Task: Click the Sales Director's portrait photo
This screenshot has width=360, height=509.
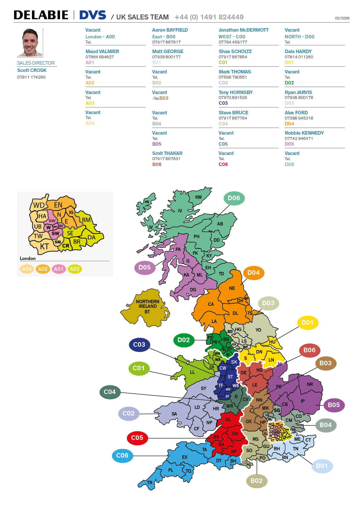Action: [30, 42]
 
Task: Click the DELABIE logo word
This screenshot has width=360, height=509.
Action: [41, 15]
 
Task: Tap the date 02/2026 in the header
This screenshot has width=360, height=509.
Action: [342, 18]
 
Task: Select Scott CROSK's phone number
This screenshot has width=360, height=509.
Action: [31, 77]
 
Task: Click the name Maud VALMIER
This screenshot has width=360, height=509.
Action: [102, 51]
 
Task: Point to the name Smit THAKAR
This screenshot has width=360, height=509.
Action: [167, 153]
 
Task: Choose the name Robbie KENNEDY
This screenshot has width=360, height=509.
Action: [304, 133]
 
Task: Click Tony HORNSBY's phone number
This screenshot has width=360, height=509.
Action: [233, 98]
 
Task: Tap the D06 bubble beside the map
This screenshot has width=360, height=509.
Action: [234, 198]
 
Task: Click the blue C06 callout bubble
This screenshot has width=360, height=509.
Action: [122, 455]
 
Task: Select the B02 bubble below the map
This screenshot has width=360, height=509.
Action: [256, 481]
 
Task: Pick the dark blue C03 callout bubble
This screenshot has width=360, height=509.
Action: [139, 344]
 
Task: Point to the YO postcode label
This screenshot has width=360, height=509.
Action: [258, 330]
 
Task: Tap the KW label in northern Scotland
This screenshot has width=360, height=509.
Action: [198, 197]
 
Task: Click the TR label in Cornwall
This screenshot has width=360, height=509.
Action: [150, 483]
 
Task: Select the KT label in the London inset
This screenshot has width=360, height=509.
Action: [44, 247]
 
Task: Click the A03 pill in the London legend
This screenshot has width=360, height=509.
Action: [75, 269]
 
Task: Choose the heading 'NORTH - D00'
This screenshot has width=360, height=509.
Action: [299, 37]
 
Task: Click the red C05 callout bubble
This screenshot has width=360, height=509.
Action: [137, 438]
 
